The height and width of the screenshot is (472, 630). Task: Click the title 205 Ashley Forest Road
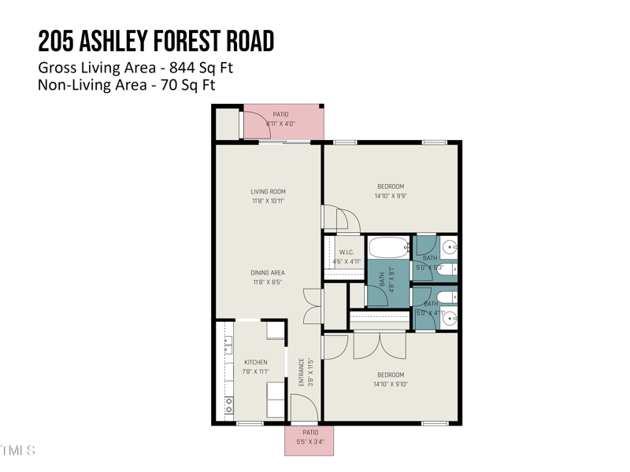(x=156, y=41)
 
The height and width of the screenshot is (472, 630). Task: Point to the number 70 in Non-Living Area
(x=167, y=85)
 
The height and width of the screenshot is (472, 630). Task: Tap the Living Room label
(x=268, y=191)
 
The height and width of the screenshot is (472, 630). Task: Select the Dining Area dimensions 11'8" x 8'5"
(x=268, y=282)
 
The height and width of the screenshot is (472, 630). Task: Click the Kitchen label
(x=255, y=362)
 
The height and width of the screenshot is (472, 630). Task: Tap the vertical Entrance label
(x=301, y=372)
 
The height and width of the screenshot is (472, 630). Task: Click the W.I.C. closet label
(x=346, y=253)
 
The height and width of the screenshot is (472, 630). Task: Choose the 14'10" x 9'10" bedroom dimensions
(x=391, y=385)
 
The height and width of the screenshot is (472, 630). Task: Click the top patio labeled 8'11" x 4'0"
(x=280, y=120)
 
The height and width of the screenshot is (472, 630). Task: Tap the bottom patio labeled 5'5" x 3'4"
(x=310, y=437)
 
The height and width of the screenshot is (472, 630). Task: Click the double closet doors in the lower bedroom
(x=380, y=345)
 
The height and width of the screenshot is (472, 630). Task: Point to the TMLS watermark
(x=17, y=451)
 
